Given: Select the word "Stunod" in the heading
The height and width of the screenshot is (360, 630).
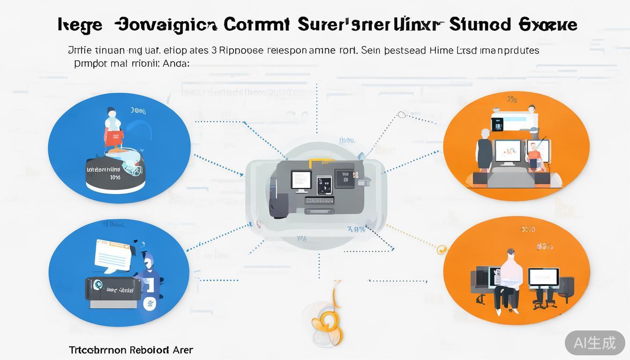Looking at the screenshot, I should coord(480,24).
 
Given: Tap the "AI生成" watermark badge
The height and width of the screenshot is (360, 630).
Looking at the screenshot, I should coord(595,343).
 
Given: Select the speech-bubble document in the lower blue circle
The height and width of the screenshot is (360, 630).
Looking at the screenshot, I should coord(112,255).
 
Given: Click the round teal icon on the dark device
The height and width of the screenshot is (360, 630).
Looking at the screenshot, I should coord(98,284).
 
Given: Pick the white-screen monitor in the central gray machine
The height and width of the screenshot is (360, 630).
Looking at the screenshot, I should coord(301,179).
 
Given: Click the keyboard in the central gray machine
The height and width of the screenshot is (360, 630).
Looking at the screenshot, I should coord(319,201).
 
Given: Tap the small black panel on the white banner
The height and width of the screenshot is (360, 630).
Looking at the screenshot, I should coord(497,124).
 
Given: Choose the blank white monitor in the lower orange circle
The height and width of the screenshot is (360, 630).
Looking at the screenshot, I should coord(544,278).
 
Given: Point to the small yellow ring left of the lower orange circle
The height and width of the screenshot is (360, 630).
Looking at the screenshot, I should coord(441,250).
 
